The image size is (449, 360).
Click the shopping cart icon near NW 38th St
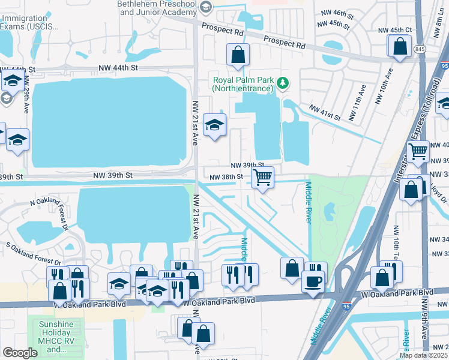[x=262, y=178]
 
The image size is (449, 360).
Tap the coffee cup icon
[x=313, y=281]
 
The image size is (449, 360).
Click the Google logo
[x=20, y=352]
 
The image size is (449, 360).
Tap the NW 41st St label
[x=324, y=112]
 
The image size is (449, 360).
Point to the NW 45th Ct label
[x=394, y=29]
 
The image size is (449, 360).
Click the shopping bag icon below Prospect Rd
[x=238, y=55]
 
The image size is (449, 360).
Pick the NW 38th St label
[x=226, y=176]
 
